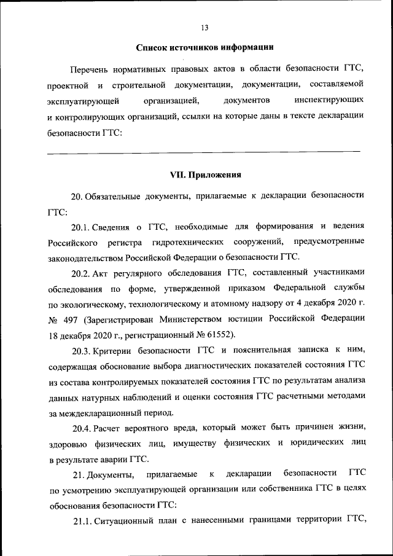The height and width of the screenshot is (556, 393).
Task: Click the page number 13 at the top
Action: pos(204,28)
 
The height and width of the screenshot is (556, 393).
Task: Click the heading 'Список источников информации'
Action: pos(204,47)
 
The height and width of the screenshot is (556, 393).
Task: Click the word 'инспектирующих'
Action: pos(329,99)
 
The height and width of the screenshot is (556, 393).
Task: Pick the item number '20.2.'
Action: pos(82,272)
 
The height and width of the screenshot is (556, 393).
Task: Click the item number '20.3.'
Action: pos(82,351)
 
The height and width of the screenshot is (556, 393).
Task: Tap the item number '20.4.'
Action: pos(82,428)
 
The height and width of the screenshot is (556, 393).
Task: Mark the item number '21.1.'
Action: pos(82,522)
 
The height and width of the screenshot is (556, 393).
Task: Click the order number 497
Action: pos(71,319)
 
